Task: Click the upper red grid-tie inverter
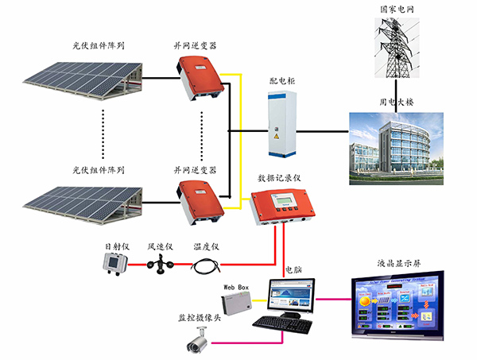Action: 199,78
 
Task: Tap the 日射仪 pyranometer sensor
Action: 117,264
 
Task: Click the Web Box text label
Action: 236,284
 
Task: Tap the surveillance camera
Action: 196,342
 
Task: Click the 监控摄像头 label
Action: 197,315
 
